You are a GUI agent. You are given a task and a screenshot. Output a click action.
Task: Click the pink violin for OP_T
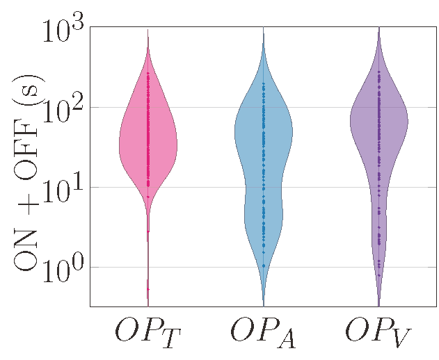(x=147, y=139)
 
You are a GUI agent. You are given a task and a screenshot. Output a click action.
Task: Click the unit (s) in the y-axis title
(x=26, y=104)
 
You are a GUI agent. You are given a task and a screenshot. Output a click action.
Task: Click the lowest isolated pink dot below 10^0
(x=147, y=289)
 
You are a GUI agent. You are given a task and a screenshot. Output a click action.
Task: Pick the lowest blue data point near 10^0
(x=263, y=266)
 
